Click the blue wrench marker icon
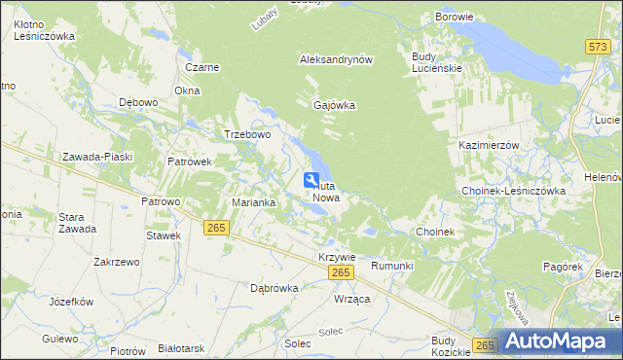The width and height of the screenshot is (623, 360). click(x=311, y=180)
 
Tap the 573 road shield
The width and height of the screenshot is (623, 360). click(x=598, y=46)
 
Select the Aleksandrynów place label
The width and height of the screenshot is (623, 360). click(x=337, y=59)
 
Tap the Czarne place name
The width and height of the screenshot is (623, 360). click(x=202, y=68)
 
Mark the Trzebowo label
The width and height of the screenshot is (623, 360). click(x=247, y=135)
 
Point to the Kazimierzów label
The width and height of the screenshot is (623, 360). click(x=489, y=144)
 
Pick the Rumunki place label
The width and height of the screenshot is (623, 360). click(x=393, y=266)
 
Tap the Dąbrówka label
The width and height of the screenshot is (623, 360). click(x=274, y=288)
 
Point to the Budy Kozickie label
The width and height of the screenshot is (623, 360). click(x=443, y=346)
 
